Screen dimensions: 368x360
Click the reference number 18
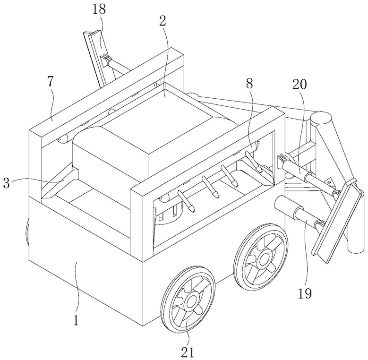[99, 10]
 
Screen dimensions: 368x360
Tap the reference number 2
[163, 21]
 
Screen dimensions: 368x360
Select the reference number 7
[51, 82]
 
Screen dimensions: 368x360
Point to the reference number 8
[249, 83]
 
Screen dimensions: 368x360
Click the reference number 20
[300, 84]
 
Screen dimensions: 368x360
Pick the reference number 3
[7, 183]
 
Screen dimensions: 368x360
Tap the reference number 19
[305, 293]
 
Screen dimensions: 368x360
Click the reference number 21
[188, 352]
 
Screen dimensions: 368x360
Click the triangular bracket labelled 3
[60, 180]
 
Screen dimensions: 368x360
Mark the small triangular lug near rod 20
[329, 181]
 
